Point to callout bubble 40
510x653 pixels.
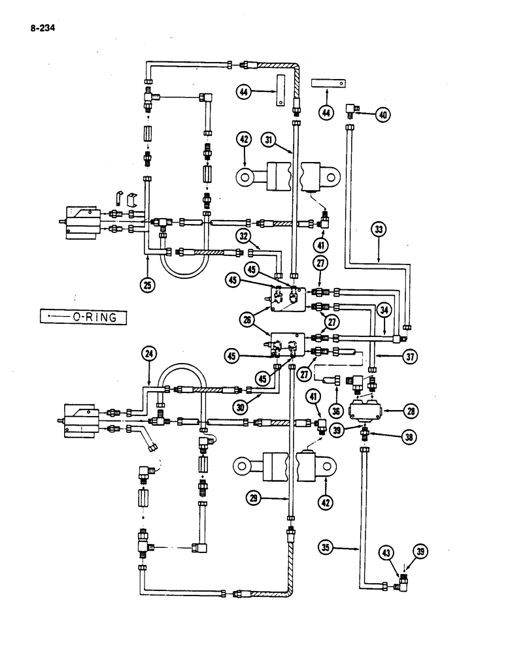382,116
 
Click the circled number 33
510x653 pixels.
380,229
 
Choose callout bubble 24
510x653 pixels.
150,355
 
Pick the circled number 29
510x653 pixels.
254,498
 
